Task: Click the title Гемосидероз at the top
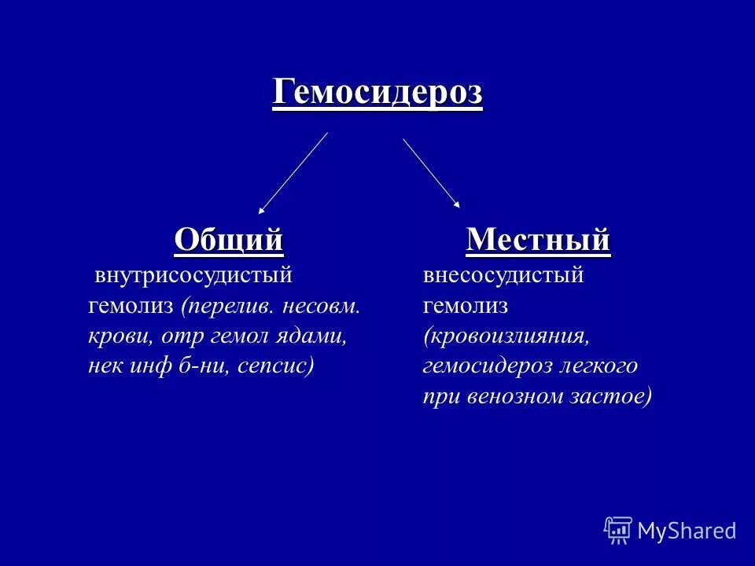point(377,94)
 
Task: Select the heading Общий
point(228,238)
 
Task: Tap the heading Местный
point(538,238)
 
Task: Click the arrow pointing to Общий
point(293,173)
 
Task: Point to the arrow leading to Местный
point(432,174)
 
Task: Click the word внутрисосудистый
point(193,276)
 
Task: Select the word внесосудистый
point(503,276)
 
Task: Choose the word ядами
point(319,336)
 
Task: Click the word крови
point(120,336)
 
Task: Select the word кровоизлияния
point(506,336)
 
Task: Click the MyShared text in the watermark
point(687,531)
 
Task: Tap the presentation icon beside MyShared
point(618,531)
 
